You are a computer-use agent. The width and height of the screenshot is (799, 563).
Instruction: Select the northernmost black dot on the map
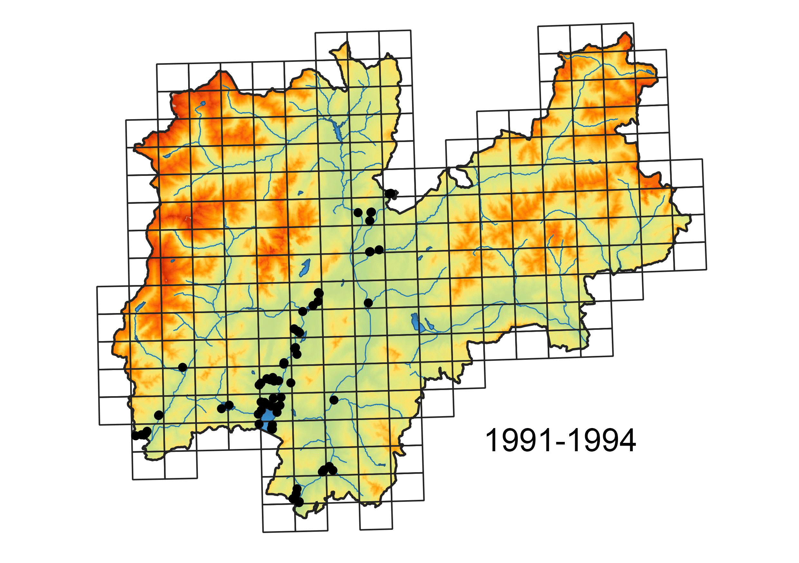(x=390, y=193)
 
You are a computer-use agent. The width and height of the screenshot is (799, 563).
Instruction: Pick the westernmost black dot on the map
(x=136, y=435)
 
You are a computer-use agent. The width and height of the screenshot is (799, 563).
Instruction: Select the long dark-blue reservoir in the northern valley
(x=337, y=130)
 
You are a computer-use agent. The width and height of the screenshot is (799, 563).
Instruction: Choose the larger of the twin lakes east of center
(x=415, y=322)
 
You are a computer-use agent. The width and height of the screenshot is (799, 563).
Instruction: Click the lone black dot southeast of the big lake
(x=334, y=400)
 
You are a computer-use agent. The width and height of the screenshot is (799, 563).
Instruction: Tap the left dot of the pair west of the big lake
(x=221, y=408)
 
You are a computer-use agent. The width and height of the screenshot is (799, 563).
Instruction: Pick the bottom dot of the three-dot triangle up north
(x=370, y=221)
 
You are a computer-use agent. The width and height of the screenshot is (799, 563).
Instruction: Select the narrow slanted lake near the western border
(x=140, y=306)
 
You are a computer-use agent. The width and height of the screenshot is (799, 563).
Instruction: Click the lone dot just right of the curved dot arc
(x=291, y=383)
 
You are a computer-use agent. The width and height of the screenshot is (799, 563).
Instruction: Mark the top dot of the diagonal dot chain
(x=319, y=293)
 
